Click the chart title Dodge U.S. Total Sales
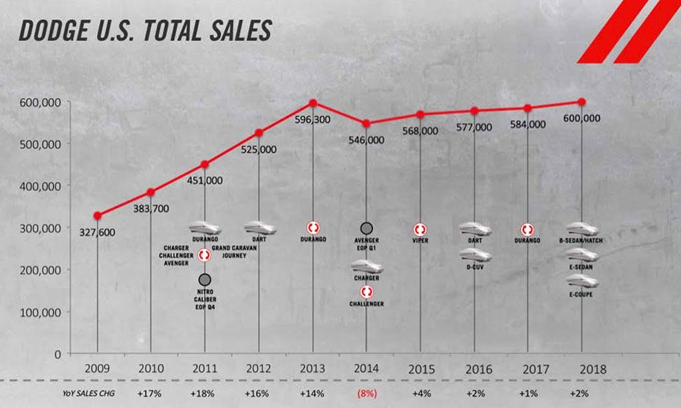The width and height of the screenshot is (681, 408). pyautogui.click(x=146, y=31)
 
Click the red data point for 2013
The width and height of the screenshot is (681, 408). pyautogui.click(x=313, y=103)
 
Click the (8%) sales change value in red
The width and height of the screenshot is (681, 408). pyautogui.click(x=366, y=393)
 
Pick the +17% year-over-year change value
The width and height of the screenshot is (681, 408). pyautogui.click(x=150, y=393)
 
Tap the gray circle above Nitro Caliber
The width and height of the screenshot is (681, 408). pyautogui.click(x=205, y=279)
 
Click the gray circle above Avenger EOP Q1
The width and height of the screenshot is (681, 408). pyautogui.click(x=366, y=229)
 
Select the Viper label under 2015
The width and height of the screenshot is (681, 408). pyautogui.click(x=420, y=240)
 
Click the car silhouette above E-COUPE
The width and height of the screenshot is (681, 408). pyautogui.click(x=581, y=282)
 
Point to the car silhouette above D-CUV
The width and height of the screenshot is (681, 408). pyautogui.click(x=475, y=255)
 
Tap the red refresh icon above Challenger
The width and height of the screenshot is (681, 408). pyautogui.click(x=366, y=292)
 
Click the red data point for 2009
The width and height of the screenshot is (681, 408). pyautogui.click(x=98, y=215)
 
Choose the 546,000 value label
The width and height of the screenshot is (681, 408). pyautogui.click(x=366, y=140)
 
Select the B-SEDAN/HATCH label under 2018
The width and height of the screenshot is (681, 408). pyautogui.click(x=581, y=241)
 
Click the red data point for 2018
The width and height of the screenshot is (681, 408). pyautogui.click(x=582, y=102)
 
